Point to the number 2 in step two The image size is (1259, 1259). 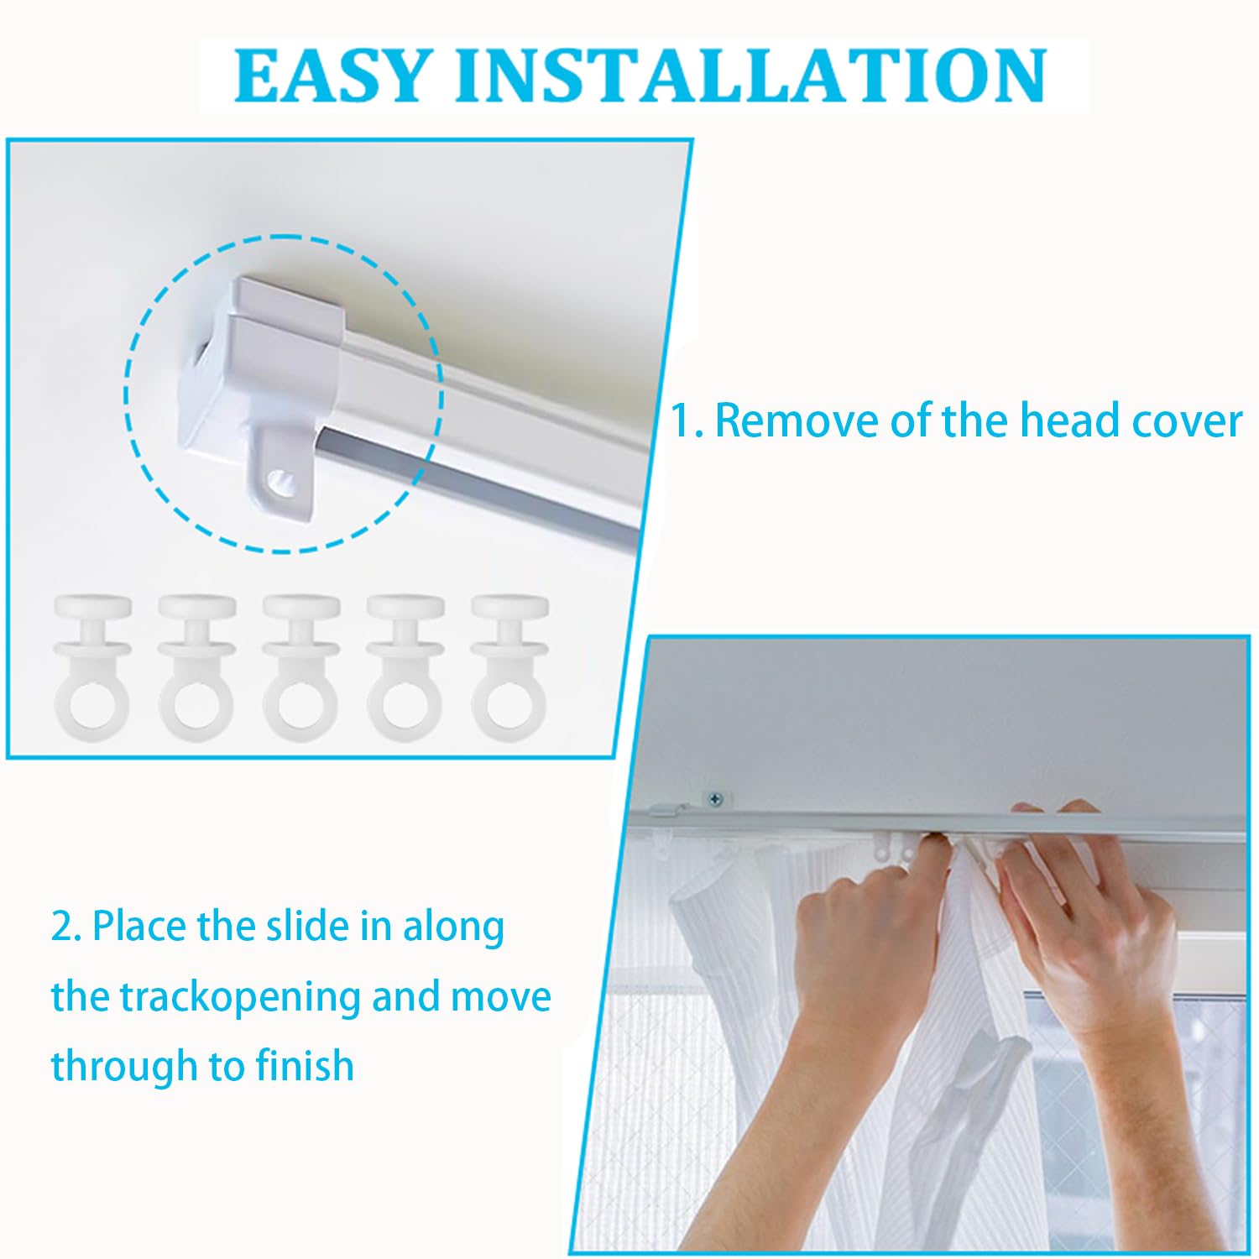coord(61,927)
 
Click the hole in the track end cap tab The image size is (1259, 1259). coord(282,483)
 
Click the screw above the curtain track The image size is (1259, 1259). coord(715,798)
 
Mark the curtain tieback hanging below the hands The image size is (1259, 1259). coord(974,1091)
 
